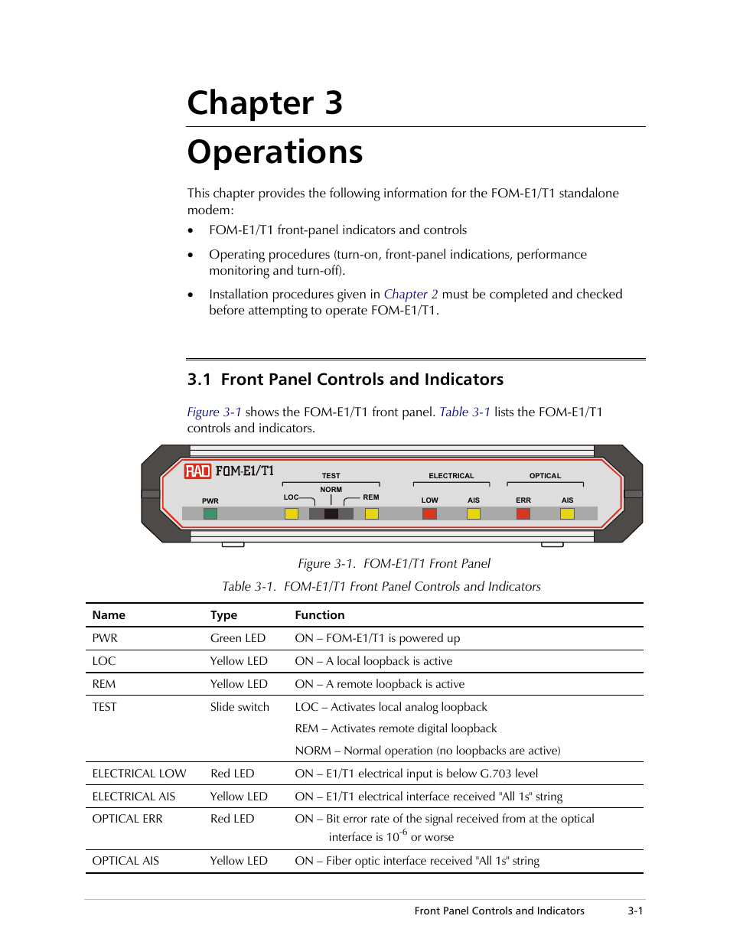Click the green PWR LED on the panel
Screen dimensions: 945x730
[210, 513]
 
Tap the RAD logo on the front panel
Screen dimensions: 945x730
[197, 471]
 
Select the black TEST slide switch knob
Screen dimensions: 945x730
[331, 513]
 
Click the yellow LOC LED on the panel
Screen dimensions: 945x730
[292, 513]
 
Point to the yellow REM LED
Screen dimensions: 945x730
[372, 513]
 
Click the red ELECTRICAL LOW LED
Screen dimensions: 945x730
[430, 513]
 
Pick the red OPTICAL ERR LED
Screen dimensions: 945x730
[523, 513]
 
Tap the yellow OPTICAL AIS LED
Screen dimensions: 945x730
[567, 513]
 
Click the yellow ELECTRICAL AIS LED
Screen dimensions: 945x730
[474, 513]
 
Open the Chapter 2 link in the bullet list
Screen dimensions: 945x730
[411, 295]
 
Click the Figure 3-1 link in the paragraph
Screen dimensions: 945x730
[214, 412]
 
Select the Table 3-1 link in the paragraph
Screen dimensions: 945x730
[464, 412]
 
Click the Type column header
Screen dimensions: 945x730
[224, 615]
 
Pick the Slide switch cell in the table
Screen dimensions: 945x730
[240, 707]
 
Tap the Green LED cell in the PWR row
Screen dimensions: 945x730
[238, 638]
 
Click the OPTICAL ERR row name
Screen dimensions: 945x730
[128, 819]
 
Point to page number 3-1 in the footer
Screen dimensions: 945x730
[635, 911]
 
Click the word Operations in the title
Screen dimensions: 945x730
[275, 152]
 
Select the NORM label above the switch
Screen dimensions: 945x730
[331, 490]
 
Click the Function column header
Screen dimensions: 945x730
[320, 615]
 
